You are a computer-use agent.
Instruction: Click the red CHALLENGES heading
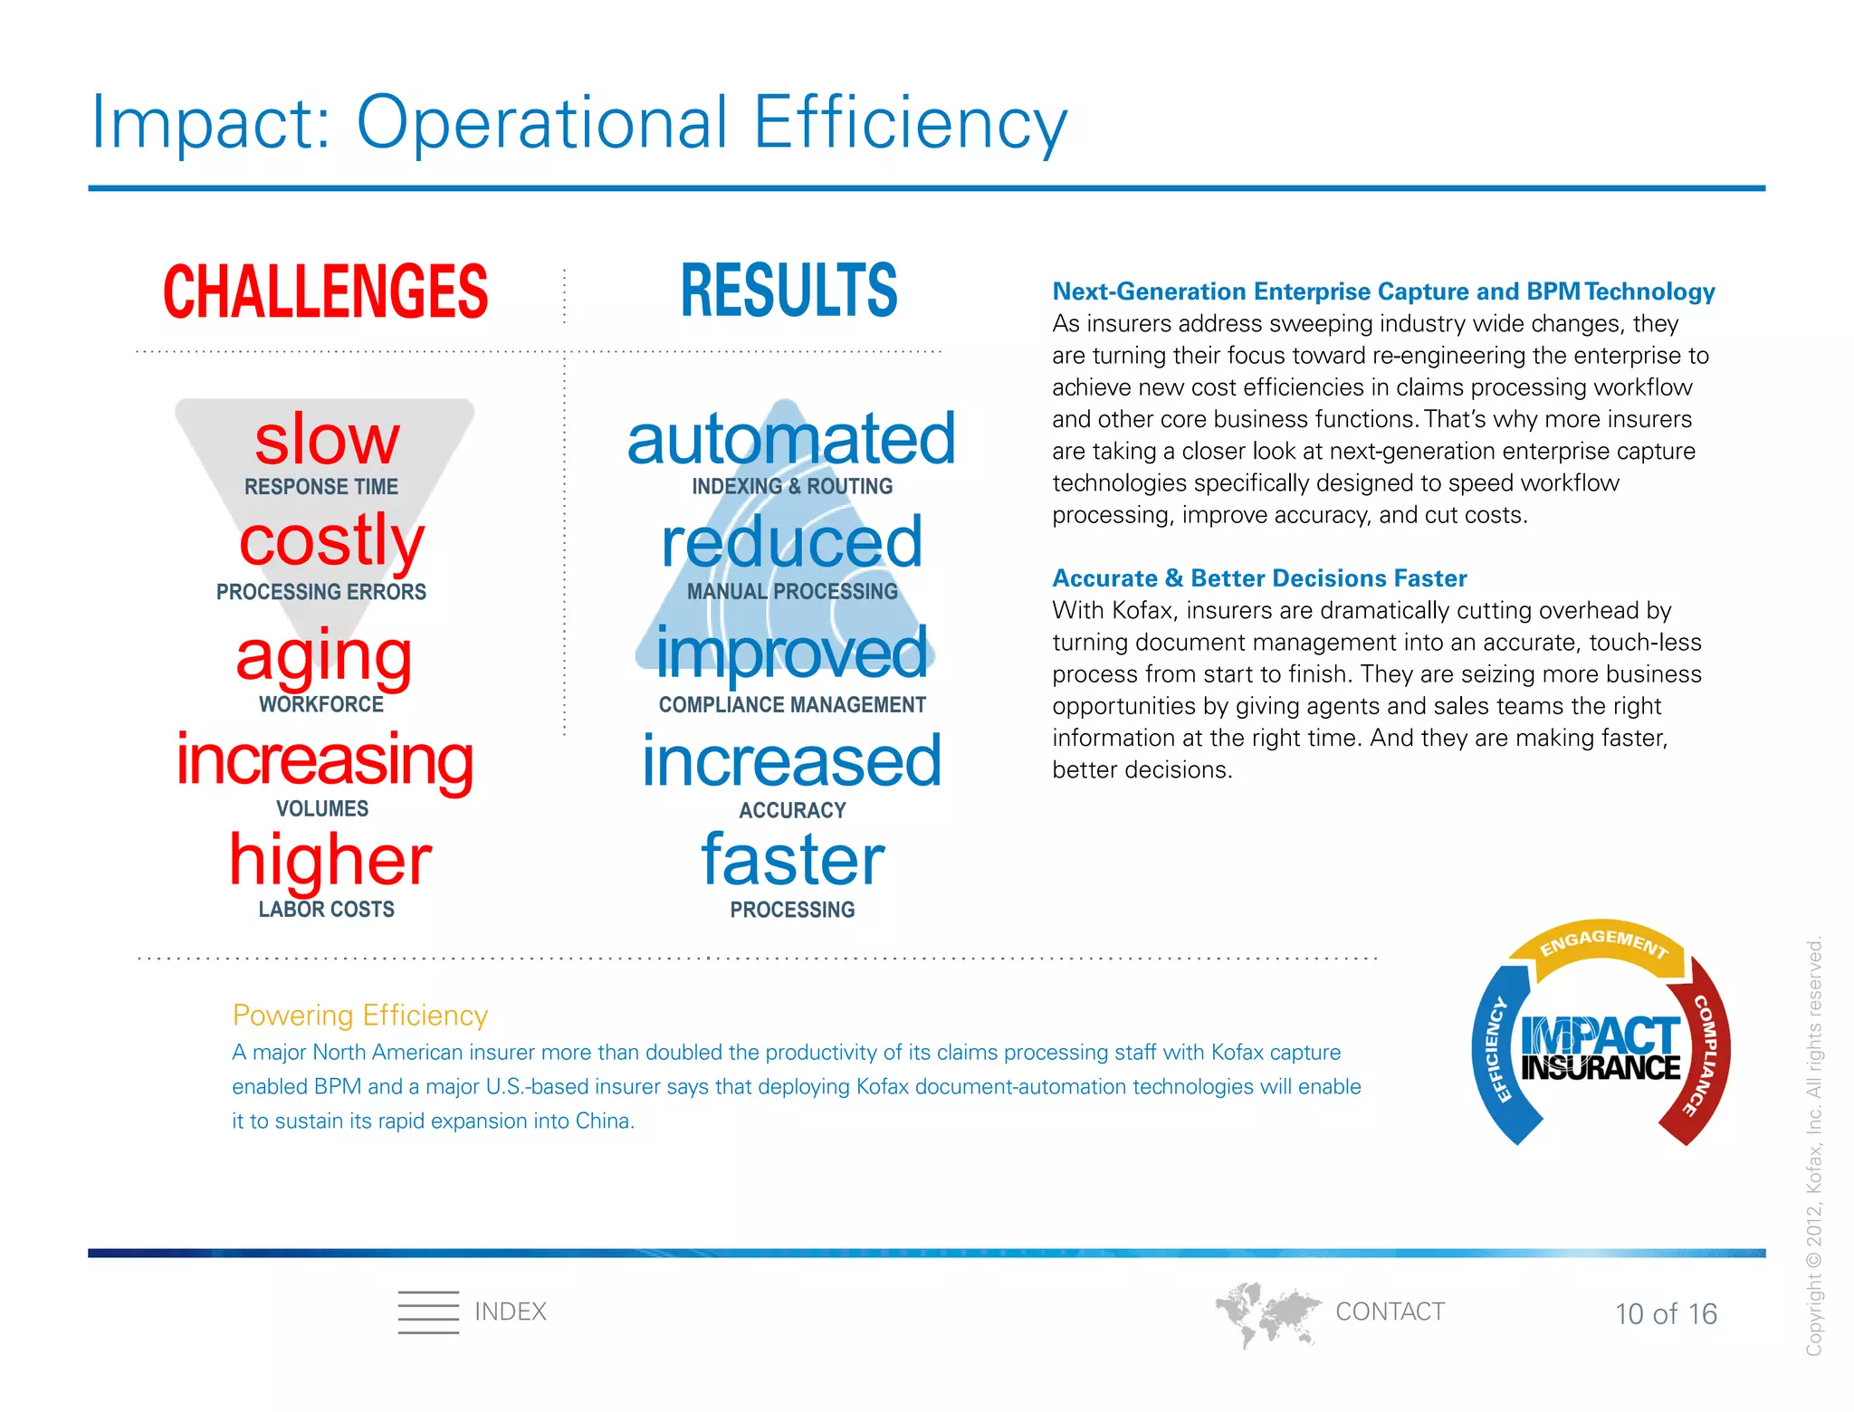pos(325,291)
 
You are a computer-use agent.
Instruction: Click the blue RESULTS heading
pos(788,291)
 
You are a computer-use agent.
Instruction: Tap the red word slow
pos(327,440)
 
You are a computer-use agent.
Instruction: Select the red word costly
pos(331,540)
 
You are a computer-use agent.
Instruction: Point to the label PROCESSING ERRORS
pos(320,592)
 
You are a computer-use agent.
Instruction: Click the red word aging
pos(324,655)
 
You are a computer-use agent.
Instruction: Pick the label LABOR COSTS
pos(326,909)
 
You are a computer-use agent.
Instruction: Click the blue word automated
pos(791,439)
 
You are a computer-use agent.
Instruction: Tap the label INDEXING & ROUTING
pos(792,486)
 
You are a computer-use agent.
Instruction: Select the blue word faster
pos(792,860)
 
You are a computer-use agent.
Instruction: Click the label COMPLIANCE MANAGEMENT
pos(792,704)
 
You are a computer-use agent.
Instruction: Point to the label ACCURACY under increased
pos(792,810)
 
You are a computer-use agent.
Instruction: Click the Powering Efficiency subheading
pos(359,1015)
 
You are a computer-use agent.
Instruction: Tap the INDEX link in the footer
pos(510,1312)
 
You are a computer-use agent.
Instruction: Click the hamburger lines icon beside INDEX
pos(428,1312)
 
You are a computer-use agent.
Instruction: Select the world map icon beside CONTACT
pos(1266,1312)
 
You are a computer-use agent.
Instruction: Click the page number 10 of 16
pos(1666,1313)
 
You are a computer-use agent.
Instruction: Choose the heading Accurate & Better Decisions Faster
pos(1259,578)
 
